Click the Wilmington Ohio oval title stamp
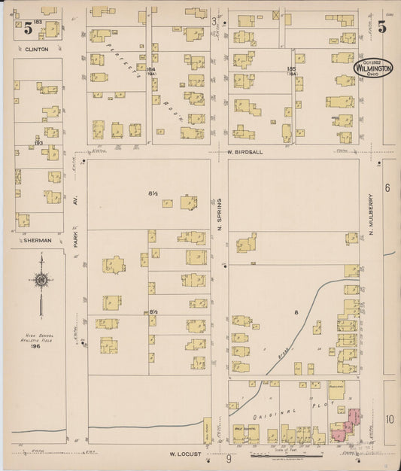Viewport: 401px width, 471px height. tap(373, 68)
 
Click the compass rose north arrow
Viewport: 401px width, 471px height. tap(42, 280)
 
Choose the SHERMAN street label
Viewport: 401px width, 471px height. tap(37, 241)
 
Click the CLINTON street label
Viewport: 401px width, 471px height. tap(36, 50)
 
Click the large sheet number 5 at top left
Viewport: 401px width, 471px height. tap(28, 29)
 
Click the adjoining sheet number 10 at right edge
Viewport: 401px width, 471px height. tap(389, 419)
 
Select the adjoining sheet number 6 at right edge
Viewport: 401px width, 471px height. tap(387, 187)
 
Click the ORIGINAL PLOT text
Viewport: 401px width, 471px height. tap(293, 412)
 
